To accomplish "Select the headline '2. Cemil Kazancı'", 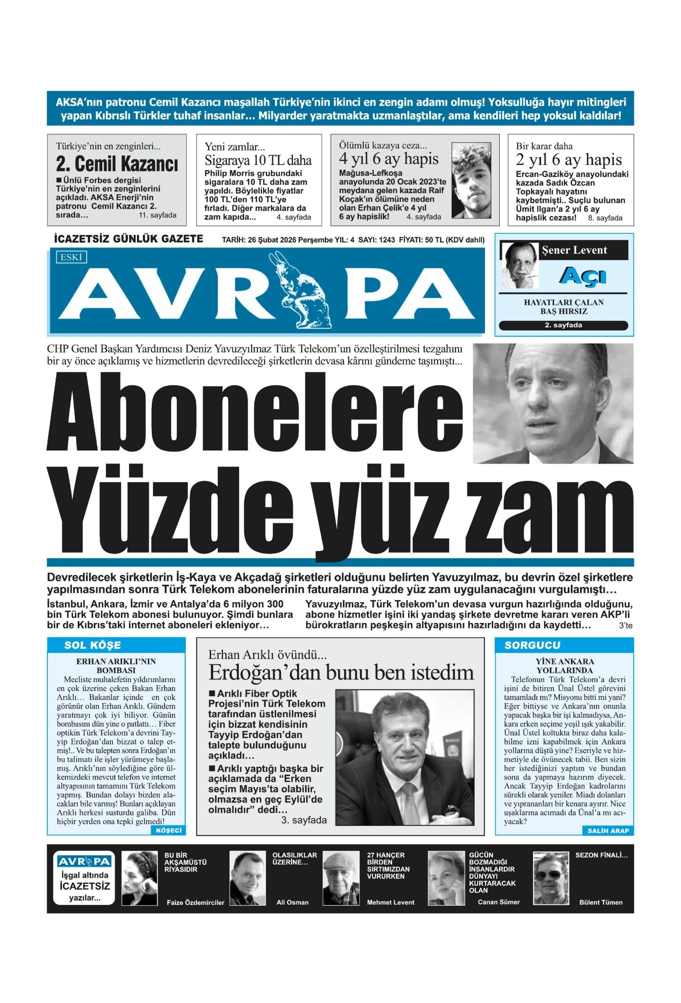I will click(x=116, y=165).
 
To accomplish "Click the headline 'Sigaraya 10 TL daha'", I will click(x=258, y=161).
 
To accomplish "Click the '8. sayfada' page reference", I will click(x=605, y=218).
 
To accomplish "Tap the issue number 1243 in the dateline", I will click(x=387, y=240).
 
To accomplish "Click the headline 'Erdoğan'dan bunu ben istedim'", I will click(x=341, y=673).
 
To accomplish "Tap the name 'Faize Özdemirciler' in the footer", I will click(x=196, y=902).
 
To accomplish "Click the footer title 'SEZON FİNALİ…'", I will click(x=601, y=855).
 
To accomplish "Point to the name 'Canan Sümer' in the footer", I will click(x=498, y=902).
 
